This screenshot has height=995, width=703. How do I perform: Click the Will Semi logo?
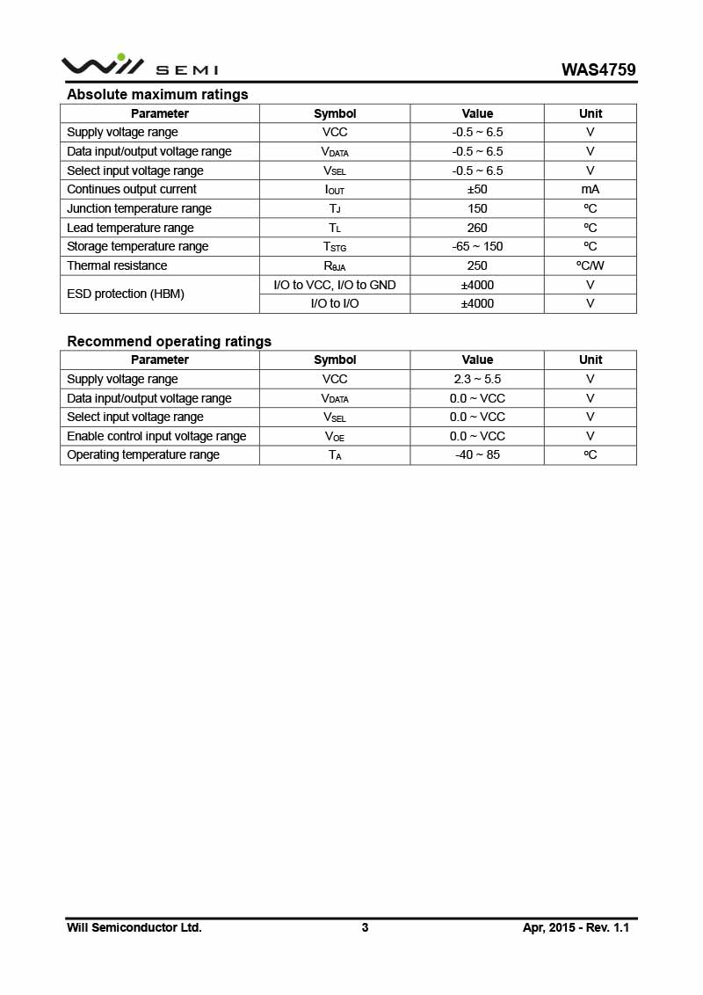point(139,66)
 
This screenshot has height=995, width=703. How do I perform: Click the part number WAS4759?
point(599,69)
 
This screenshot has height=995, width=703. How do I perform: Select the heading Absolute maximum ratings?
point(157,94)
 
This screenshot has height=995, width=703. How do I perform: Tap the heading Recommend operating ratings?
point(169,341)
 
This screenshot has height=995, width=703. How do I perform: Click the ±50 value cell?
point(477,189)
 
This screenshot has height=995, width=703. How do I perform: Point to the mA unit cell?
point(591,189)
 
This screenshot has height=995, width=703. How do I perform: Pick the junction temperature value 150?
point(477,208)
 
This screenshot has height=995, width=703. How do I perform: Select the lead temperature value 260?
point(477,228)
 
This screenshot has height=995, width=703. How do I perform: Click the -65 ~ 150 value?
point(477,246)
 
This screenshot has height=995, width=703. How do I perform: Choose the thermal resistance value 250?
point(477,265)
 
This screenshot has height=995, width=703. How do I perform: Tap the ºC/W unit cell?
point(591,265)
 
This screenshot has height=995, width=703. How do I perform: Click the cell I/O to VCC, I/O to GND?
point(335,285)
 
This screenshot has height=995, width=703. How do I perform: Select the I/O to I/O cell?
point(335,303)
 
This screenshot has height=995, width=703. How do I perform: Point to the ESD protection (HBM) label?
point(126,294)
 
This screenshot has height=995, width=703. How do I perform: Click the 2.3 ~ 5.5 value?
point(477,379)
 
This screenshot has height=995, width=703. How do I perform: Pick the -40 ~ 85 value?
point(477,454)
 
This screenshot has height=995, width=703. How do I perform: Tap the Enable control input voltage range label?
point(156,436)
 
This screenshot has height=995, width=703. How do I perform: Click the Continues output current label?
point(132,189)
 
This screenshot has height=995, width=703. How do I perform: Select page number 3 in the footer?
point(365,927)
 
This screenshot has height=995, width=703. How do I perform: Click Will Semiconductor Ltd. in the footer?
point(134,927)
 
